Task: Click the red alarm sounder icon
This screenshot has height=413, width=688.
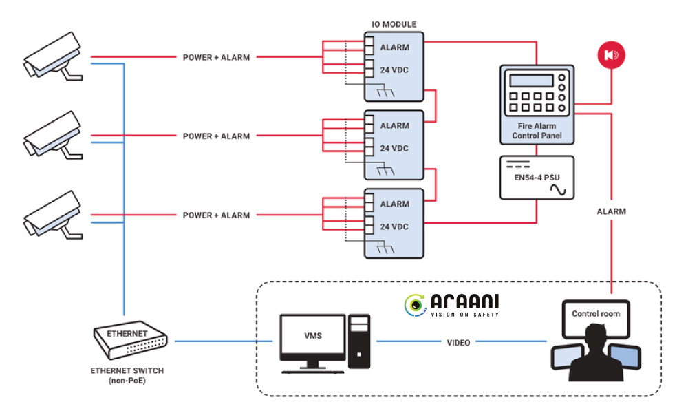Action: (611, 55)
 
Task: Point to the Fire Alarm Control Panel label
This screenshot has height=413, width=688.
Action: (537, 131)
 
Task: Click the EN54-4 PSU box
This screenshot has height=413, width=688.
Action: (537, 178)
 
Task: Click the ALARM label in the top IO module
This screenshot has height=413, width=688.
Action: (394, 47)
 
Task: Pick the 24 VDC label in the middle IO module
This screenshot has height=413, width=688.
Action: (394, 148)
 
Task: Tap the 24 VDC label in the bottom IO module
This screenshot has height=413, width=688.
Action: (394, 226)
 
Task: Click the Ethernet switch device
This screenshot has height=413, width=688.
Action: (129, 339)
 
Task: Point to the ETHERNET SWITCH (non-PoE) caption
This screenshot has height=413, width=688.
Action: (127, 375)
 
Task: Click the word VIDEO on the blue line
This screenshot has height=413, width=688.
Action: (458, 342)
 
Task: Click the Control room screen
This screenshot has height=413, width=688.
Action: (596, 314)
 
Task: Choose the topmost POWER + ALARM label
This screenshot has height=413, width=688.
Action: (216, 57)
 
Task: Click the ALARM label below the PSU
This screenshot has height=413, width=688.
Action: (611, 211)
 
